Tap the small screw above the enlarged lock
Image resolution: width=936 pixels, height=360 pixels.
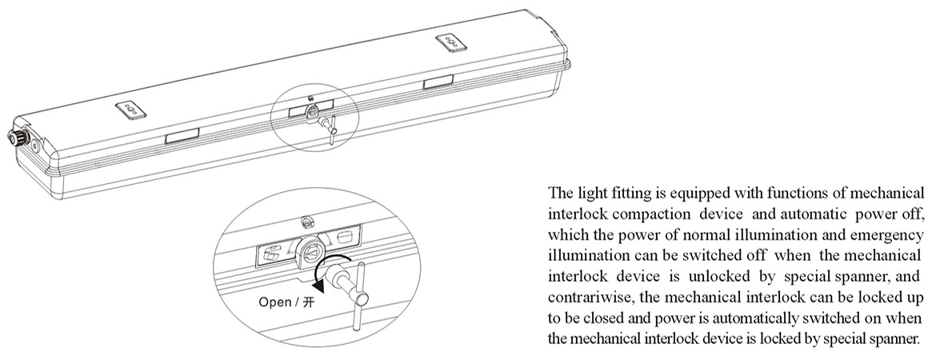pos(305,220)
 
